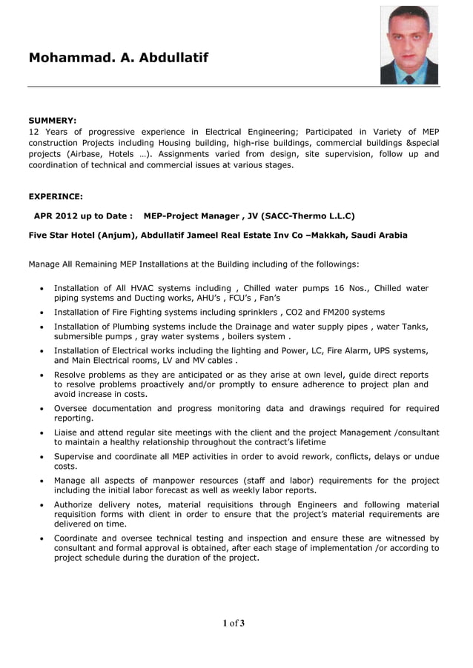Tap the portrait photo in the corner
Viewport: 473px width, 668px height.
click(x=409, y=45)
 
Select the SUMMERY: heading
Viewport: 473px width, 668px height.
click(x=53, y=120)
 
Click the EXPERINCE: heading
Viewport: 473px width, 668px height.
click(x=56, y=196)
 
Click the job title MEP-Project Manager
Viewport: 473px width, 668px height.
click(x=191, y=216)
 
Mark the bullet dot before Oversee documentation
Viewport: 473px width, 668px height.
click(x=42, y=409)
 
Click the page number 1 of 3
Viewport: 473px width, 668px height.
click(x=234, y=623)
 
